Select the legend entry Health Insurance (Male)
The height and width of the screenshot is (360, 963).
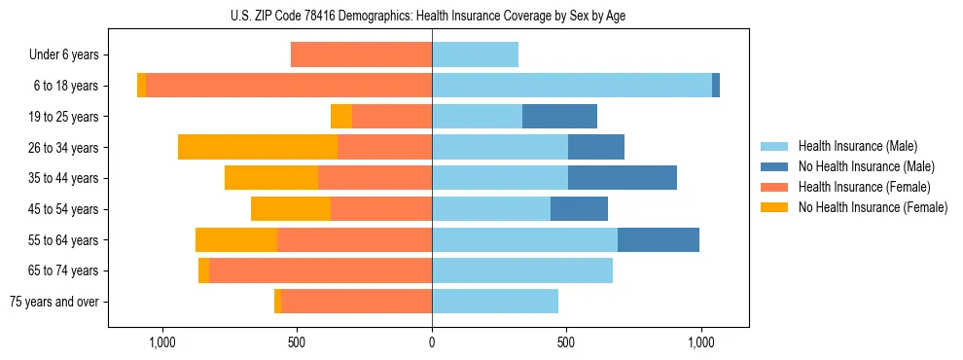coord(852,146)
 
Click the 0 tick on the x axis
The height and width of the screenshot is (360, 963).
coord(432,343)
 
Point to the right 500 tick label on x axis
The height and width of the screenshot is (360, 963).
coord(566,343)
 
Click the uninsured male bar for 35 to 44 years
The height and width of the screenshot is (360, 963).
coord(623,178)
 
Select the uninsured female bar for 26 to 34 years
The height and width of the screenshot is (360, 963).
coord(258,147)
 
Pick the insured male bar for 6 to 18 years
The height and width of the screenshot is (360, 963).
coord(572,86)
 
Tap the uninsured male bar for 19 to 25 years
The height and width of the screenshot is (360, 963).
coord(559,117)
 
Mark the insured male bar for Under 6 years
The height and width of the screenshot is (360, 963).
coord(475,55)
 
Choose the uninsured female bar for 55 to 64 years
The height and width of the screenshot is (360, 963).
coord(236,239)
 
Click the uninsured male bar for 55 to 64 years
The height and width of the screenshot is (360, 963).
coord(659,239)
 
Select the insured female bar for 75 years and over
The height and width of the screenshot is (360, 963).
coord(357,302)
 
